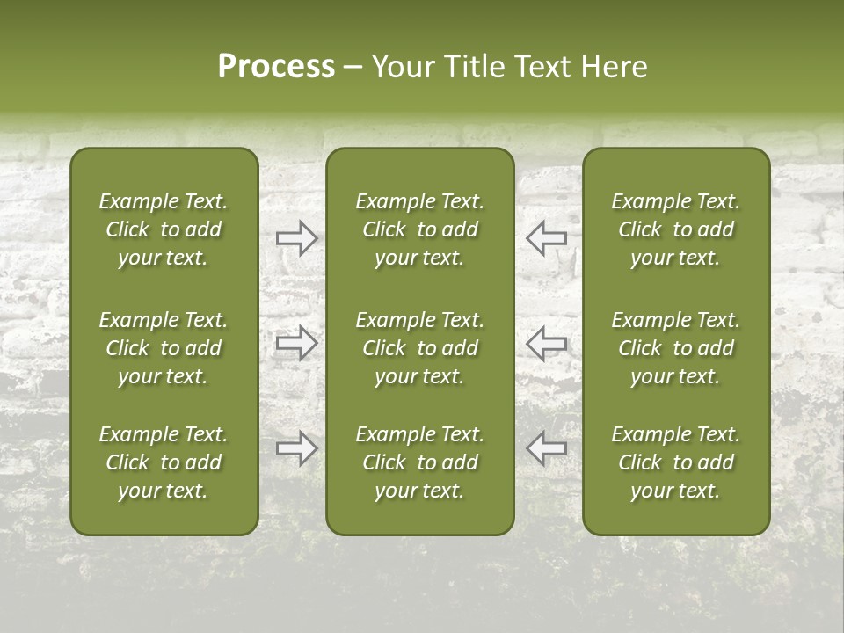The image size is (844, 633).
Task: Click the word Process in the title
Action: point(276,67)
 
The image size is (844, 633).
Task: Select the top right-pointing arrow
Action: point(296,237)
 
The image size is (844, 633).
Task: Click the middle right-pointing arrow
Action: point(296,343)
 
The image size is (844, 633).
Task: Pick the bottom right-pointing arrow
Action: point(296,448)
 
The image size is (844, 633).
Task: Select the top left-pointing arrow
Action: point(547,237)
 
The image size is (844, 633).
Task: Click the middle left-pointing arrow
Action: point(547,343)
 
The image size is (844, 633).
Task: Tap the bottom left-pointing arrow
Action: point(547,448)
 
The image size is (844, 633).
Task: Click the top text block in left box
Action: point(164,229)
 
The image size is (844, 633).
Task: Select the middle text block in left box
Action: point(164,348)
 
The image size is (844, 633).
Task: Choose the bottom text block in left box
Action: point(164,462)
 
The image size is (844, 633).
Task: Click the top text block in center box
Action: point(419,229)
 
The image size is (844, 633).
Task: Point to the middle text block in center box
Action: point(419,348)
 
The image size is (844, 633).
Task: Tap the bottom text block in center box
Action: point(419,462)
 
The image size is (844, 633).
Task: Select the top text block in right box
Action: point(676,229)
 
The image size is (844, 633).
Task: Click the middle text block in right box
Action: point(676,348)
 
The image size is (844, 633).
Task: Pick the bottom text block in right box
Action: point(676,462)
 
